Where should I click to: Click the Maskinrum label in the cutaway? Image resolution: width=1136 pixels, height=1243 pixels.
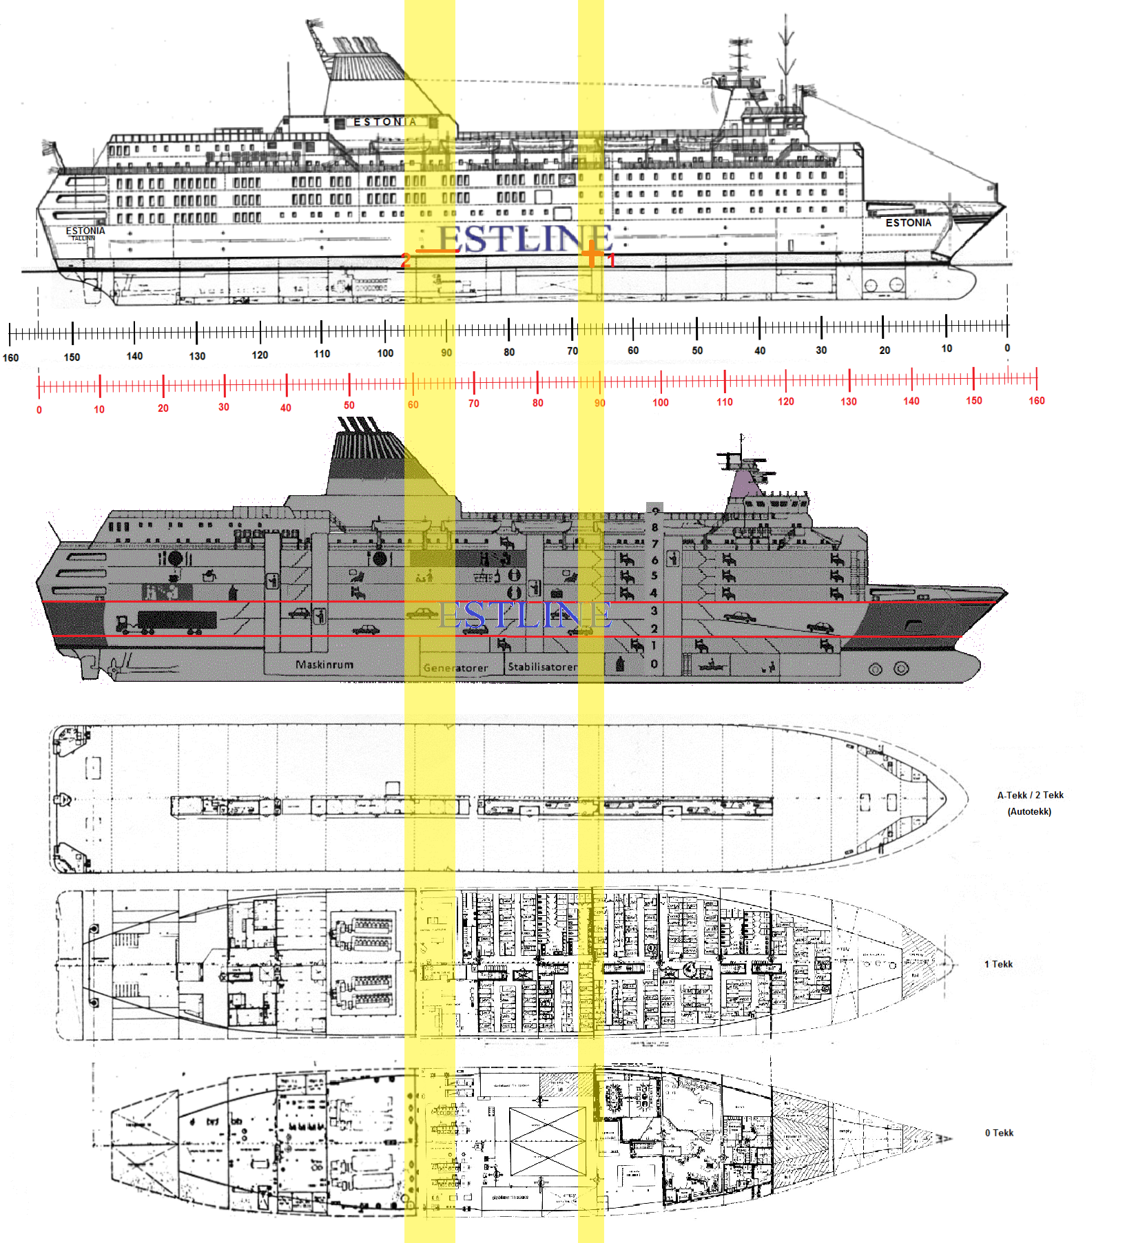coord(324,665)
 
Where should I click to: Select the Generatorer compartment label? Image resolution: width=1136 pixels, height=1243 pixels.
coord(455,667)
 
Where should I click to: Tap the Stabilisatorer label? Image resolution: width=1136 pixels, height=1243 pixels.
coord(543,667)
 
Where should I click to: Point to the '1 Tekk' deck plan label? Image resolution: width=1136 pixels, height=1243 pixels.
coord(998,964)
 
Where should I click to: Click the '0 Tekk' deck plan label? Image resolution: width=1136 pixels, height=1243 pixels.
coord(999,1133)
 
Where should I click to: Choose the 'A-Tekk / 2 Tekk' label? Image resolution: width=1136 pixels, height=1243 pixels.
coord(1030,795)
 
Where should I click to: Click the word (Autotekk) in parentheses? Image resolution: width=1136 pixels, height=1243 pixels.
coord(1029,811)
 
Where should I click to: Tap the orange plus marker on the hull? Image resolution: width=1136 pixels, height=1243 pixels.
coord(592,253)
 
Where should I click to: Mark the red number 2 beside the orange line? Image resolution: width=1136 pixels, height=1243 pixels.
coord(406,260)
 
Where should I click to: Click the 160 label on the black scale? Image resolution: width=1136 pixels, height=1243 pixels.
coord(11,357)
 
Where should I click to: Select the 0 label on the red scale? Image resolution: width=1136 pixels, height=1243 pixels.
coord(39,410)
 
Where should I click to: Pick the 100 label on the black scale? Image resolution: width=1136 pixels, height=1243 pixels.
coord(385,353)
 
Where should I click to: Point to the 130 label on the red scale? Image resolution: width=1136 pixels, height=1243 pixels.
coord(849,401)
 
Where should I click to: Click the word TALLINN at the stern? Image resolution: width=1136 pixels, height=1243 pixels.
coord(83,238)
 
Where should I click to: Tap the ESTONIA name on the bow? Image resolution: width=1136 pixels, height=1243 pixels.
coord(908,222)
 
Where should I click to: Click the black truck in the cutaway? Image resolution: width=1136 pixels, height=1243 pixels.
coord(176,620)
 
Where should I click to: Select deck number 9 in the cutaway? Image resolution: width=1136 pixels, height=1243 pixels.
coord(655,511)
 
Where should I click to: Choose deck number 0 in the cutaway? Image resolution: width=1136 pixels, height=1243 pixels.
coord(654,664)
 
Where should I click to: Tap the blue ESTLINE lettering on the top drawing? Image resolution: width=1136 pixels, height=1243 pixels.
coord(525,239)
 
